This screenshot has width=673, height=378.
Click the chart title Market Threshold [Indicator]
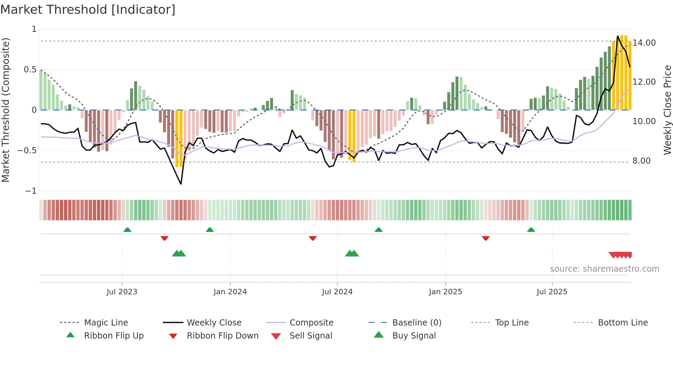pyautogui.click(x=88, y=10)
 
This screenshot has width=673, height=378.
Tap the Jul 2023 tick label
pyautogui.click(x=122, y=292)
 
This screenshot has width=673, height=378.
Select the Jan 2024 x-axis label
pyautogui.click(x=230, y=292)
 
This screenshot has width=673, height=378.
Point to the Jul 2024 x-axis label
pyautogui.click(x=337, y=292)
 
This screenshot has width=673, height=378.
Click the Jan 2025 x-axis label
pyautogui.click(x=445, y=292)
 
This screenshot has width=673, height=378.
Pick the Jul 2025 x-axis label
pyautogui.click(x=552, y=292)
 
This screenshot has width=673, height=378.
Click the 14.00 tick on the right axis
pyautogui.click(x=644, y=43)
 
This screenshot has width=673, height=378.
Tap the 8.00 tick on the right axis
pyautogui.click(x=641, y=161)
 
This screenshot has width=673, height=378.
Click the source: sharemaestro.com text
pyautogui.click(x=604, y=269)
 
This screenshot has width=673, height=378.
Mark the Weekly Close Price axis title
pyautogui.click(x=667, y=110)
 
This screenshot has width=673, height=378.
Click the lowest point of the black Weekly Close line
pyautogui.click(x=181, y=184)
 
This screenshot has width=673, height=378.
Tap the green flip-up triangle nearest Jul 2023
pyautogui.click(x=127, y=229)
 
